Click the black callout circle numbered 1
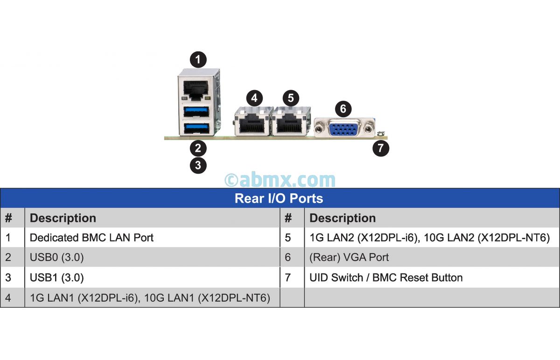pos(198,60)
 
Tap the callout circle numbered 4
pos(254,98)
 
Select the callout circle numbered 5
pos(291,98)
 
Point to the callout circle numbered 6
pos(343,109)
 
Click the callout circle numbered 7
pos(381,148)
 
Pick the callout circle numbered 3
pos(198,165)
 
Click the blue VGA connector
pos(344,127)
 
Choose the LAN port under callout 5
pos(290,123)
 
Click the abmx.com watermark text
pos(280,180)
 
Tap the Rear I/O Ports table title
pos(279,198)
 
